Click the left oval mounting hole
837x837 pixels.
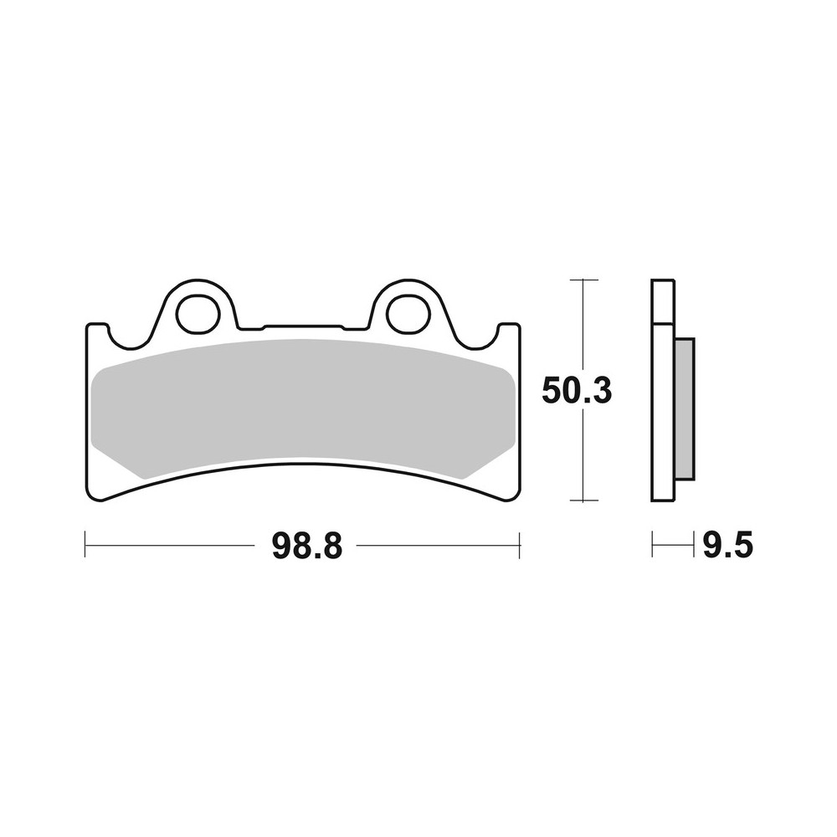[x=198, y=313]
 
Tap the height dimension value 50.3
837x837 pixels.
[x=577, y=390]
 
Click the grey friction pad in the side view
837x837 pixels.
[x=684, y=408]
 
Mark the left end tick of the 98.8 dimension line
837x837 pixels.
[x=85, y=546]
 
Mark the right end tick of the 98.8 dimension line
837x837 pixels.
[x=520, y=546]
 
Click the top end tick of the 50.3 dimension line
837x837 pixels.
[x=584, y=280]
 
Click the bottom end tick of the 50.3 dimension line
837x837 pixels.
[x=584, y=501]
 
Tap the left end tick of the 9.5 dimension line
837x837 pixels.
[x=652, y=546]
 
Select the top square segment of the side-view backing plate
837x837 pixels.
[x=662, y=301]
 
